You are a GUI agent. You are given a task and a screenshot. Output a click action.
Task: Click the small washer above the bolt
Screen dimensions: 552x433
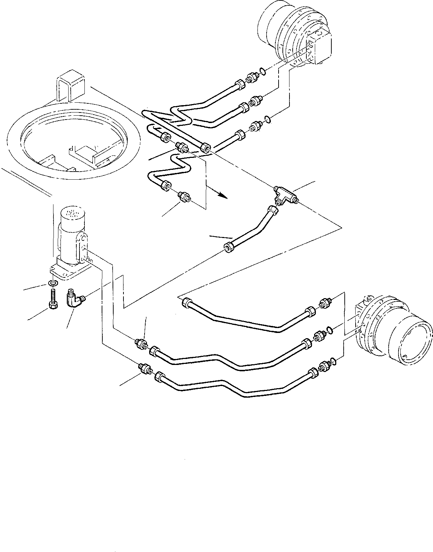click(52, 283)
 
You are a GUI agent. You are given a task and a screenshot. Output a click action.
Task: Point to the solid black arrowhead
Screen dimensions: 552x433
click(222, 194)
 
